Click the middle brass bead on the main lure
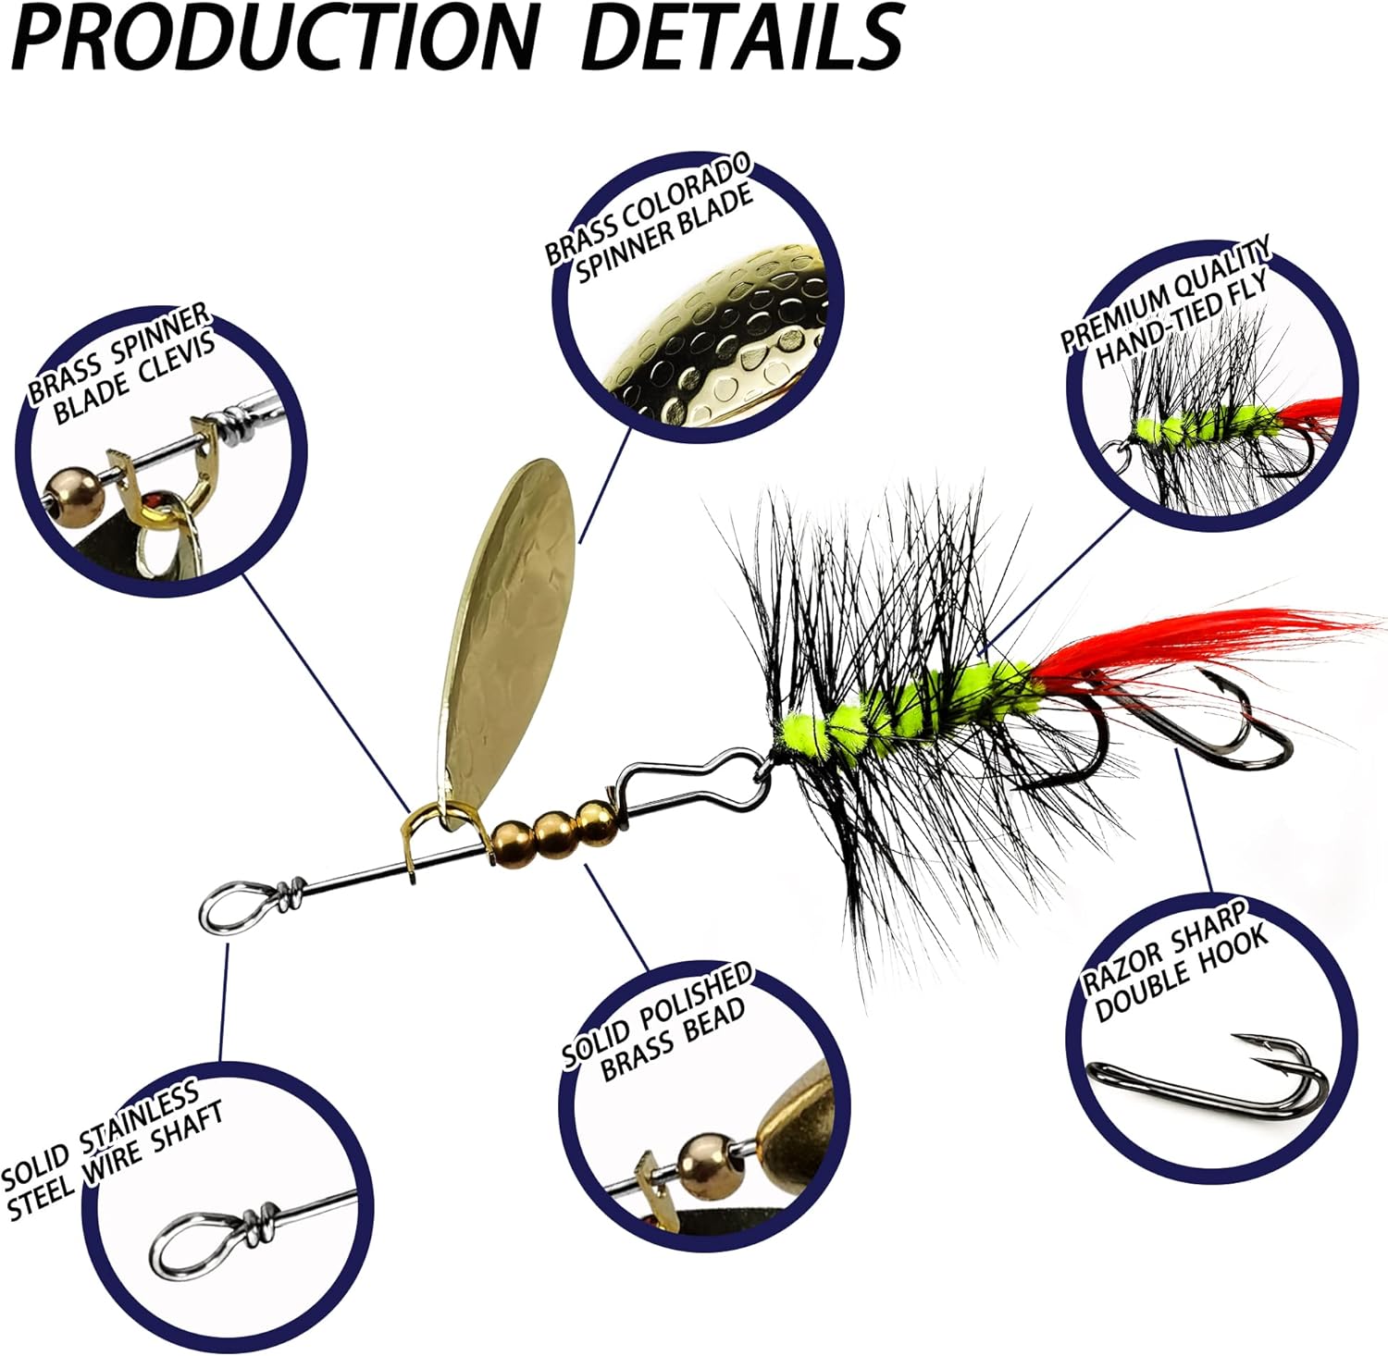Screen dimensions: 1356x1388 pyautogui.click(x=554, y=827)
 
